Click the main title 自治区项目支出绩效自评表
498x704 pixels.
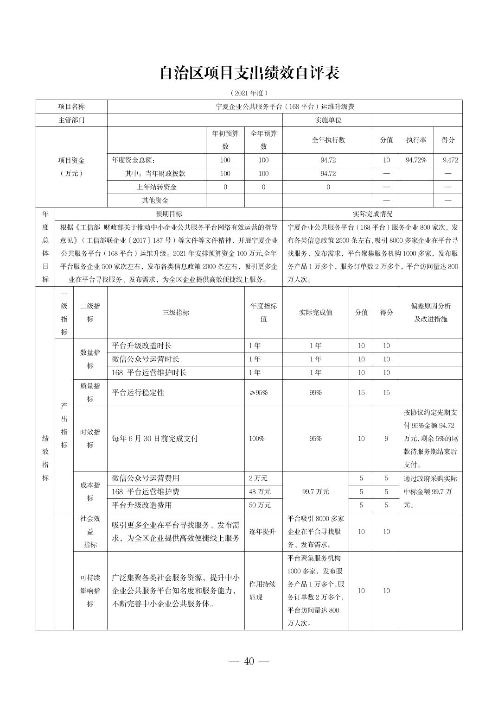point(249,73)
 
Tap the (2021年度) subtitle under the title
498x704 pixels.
point(249,93)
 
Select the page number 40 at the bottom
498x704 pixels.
point(249,661)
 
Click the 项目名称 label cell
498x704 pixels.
point(71,107)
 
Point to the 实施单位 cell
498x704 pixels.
point(328,120)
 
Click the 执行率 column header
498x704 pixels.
point(416,140)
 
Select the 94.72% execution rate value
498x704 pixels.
point(416,160)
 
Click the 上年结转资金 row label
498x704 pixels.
point(156,187)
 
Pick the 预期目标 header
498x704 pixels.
point(169,214)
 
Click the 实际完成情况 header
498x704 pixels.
point(372,214)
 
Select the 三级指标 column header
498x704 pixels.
point(176,313)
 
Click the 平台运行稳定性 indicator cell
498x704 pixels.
point(138,393)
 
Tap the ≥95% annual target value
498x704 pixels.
point(258,393)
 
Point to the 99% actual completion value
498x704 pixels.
point(315,393)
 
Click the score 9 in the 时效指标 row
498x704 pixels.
point(386,439)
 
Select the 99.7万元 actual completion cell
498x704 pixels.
point(315,491)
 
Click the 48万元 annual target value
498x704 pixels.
point(260,491)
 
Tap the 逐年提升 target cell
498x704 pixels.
point(262,532)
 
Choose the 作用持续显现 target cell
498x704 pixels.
point(262,591)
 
